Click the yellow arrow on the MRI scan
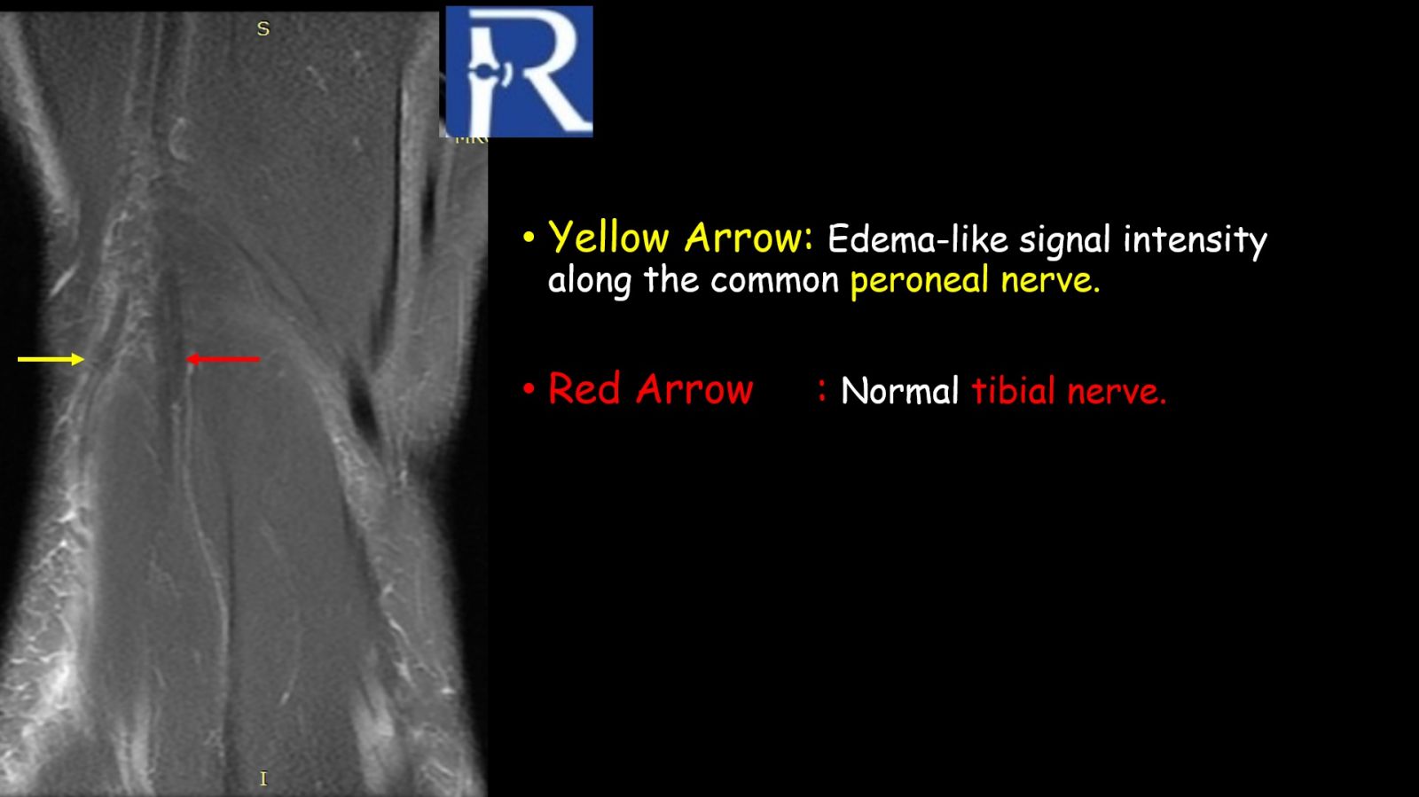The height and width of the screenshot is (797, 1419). coord(51,360)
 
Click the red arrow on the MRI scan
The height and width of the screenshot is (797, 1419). coord(223,360)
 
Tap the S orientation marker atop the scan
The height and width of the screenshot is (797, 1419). coord(263,29)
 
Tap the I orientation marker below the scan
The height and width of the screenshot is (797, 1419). coord(263,778)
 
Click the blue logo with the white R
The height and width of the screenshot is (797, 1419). coord(520,72)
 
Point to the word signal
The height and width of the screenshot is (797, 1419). coord(1064,240)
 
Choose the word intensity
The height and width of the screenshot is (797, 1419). coord(1195,240)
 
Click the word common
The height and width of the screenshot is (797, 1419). coord(775,281)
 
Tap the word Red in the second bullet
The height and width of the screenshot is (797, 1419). coord(584,388)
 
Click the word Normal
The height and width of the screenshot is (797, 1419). coord(900,391)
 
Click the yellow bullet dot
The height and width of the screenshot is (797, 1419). coord(529,238)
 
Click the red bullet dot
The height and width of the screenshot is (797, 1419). coord(529,388)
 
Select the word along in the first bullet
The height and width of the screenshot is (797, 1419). coord(590,281)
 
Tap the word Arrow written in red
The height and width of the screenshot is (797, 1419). coord(694,388)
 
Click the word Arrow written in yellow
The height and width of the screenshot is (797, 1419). coord(749,238)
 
